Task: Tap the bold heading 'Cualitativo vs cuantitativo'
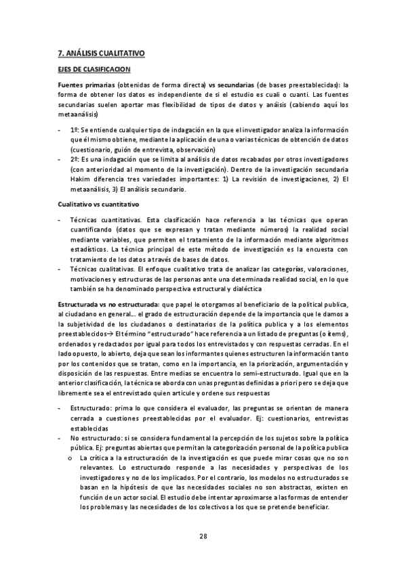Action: click(x=99, y=204)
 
